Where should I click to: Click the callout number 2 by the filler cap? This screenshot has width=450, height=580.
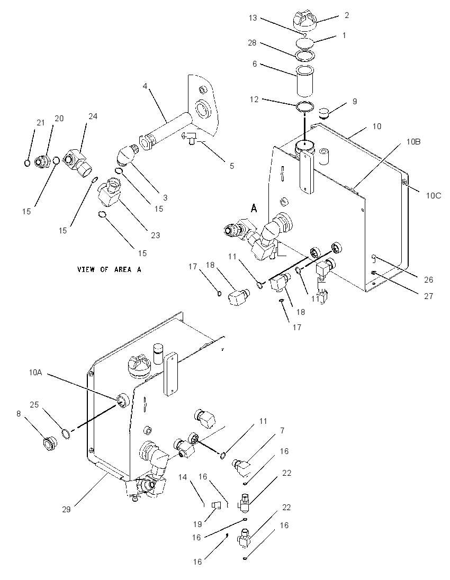(x=346, y=15)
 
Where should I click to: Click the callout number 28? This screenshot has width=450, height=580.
(x=252, y=43)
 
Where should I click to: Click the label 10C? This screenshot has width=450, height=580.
(x=434, y=196)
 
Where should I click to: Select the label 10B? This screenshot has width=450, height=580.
(x=413, y=142)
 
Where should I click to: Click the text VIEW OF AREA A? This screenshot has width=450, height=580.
(x=109, y=269)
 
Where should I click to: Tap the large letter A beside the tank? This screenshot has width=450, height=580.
(x=254, y=209)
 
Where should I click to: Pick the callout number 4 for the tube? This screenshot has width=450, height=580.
(x=145, y=86)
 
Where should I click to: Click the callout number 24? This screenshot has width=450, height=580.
(x=93, y=116)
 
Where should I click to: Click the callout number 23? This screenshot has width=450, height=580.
(x=156, y=235)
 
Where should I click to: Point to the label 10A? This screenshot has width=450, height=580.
(x=35, y=373)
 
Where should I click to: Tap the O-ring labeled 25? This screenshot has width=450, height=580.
(x=66, y=433)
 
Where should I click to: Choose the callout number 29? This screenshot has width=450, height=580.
(x=66, y=509)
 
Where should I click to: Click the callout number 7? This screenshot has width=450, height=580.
(x=282, y=430)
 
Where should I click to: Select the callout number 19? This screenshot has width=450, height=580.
(x=197, y=524)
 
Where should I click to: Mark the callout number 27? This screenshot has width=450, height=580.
(x=428, y=296)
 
